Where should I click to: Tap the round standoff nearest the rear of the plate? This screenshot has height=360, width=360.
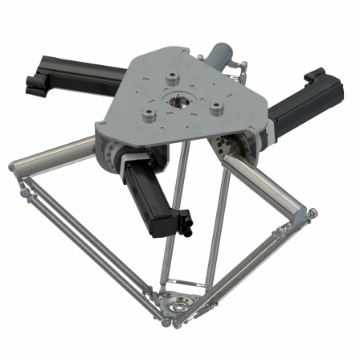[171, 79]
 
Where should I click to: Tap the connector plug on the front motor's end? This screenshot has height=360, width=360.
[184, 221]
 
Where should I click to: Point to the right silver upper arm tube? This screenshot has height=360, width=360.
[265, 184]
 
